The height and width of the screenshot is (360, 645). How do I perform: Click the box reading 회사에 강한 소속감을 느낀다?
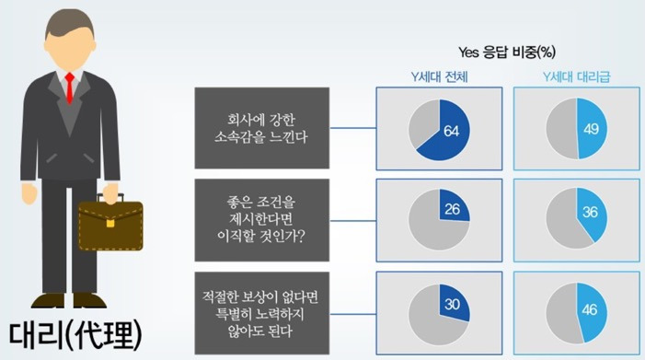(262, 127)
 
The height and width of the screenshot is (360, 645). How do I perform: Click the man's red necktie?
(69, 88)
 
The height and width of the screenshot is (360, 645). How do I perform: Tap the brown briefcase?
(110, 226)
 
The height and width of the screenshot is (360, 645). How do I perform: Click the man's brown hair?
(70, 20)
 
